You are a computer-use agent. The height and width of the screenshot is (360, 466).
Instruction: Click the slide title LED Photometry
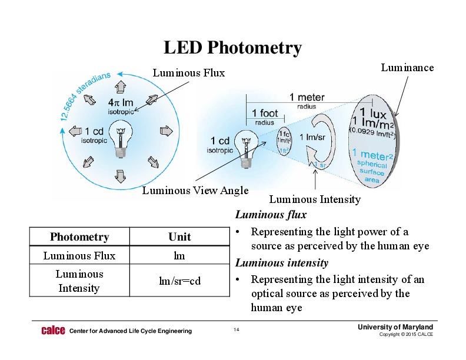pyautogui.click(x=232, y=48)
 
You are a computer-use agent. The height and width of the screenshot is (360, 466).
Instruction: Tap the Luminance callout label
pyautogui.click(x=407, y=68)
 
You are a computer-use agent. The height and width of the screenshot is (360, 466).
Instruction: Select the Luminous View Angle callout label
pyautogui.click(x=195, y=190)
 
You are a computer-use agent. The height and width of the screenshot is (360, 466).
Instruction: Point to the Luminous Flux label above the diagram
pyautogui.click(x=189, y=73)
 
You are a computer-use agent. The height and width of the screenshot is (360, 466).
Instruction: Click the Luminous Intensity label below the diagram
pyautogui.click(x=315, y=199)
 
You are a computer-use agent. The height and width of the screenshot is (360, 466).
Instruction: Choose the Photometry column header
pyautogui.click(x=79, y=237)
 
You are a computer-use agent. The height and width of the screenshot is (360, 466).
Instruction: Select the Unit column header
pyautogui.click(x=179, y=237)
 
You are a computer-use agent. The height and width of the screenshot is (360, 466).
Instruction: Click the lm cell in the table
pyautogui.click(x=179, y=255)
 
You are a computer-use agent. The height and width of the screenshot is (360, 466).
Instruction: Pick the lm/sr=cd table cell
pyautogui.click(x=179, y=281)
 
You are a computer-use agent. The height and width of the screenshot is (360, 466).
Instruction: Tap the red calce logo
pyautogui.click(x=52, y=331)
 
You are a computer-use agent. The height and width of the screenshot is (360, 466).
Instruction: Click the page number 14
pyautogui.click(x=237, y=330)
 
